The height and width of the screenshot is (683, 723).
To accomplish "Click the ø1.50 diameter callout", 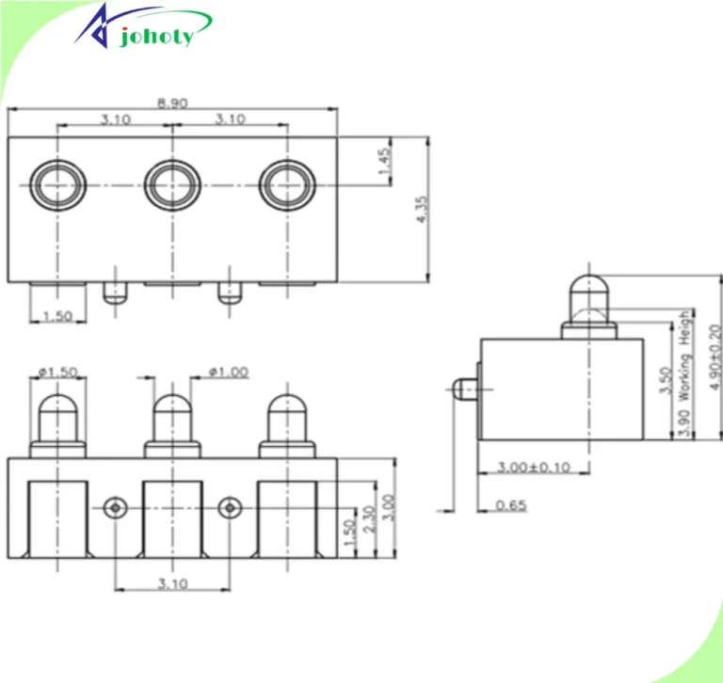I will [x=58, y=373].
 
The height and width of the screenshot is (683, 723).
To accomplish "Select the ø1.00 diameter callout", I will [x=228, y=373].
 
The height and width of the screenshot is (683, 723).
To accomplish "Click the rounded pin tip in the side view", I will [x=587, y=285].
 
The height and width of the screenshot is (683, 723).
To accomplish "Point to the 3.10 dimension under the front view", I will [x=172, y=583].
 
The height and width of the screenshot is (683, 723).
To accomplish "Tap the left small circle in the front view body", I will [x=115, y=508].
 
